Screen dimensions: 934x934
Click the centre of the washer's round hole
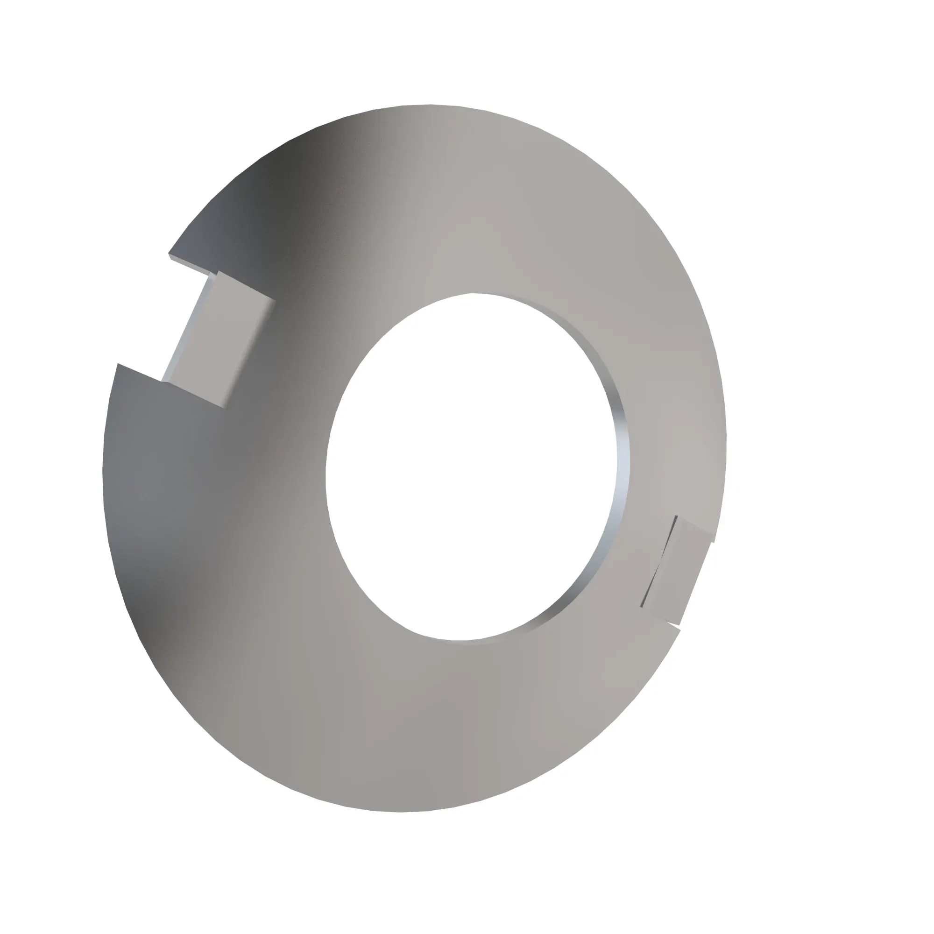click(x=471, y=467)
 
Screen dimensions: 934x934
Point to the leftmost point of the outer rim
click(x=103, y=471)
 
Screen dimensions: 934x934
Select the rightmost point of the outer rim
click(x=726, y=435)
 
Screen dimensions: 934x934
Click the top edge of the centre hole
click(x=471, y=293)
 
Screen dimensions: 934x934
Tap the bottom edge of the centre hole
click(x=459, y=641)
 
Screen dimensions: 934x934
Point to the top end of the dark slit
click(x=676, y=517)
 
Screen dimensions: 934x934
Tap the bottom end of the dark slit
click(x=642, y=606)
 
